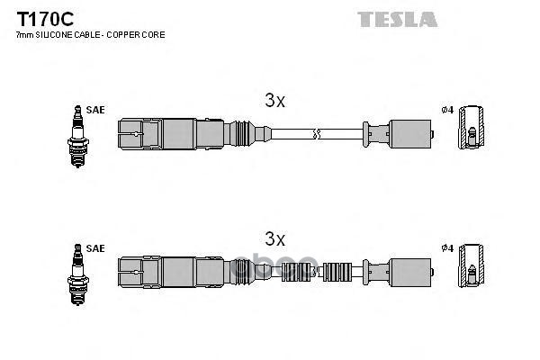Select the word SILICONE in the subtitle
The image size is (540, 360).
pyautogui.click(x=57, y=35)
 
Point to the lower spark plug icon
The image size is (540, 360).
pyautogui.click(x=77, y=270)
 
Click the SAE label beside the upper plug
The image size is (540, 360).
pyautogui.click(x=96, y=110)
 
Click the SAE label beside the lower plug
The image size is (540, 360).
pyautogui.click(x=96, y=247)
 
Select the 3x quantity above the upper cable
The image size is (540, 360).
pyautogui.click(x=274, y=103)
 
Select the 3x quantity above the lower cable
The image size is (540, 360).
pyautogui.click(x=274, y=239)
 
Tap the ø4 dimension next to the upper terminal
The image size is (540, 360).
pyautogui.click(x=446, y=110)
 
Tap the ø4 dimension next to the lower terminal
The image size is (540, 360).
pyautogui.click(x=446, y=247)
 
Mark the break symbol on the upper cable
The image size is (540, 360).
pyautogui.click(x=314, y=135)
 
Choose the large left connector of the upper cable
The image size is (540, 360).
pyautogui.click(x=162, y=135)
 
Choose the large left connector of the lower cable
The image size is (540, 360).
pyautogui.click(x=162, y=270)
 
